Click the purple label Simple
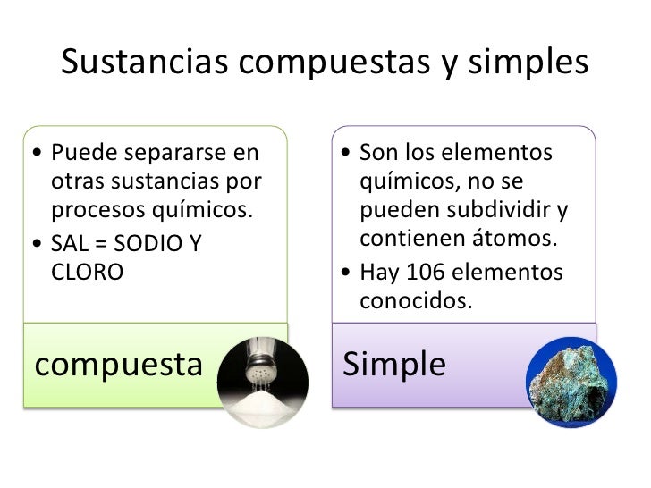point(394,365)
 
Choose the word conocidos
point(414,301)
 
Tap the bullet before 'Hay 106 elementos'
point(346,272)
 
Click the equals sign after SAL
point(106,242)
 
